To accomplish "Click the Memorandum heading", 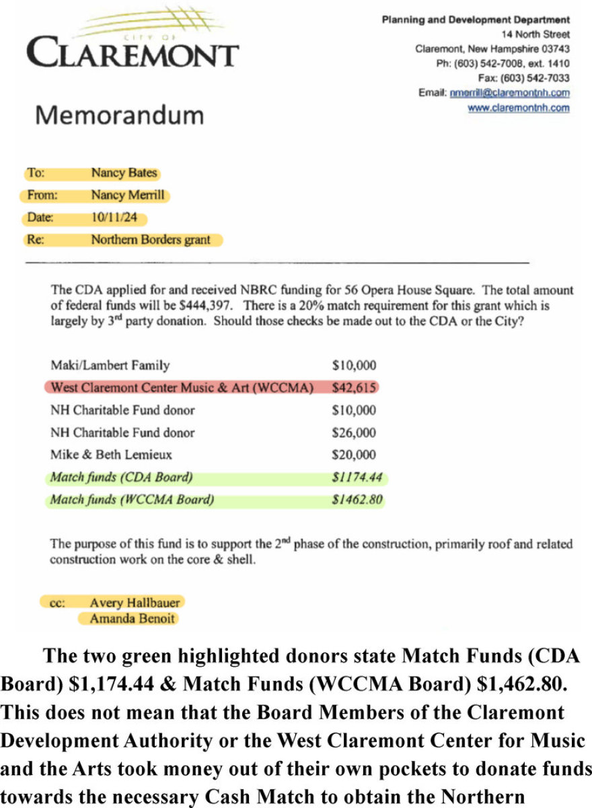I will (119, 115).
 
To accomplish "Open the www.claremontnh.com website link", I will (518, 108).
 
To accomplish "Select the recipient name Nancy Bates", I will (124, 173).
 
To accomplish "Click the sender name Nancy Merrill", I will (128, 196).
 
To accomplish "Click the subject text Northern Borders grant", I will (151, 240).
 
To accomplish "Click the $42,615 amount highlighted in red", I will (355, 389).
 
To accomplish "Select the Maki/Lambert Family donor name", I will (110, 366).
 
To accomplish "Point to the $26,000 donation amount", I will (355, 433).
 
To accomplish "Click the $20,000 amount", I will (355, 454).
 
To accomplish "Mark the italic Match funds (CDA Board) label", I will (121, 478).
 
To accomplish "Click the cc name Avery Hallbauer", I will (135, 603).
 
